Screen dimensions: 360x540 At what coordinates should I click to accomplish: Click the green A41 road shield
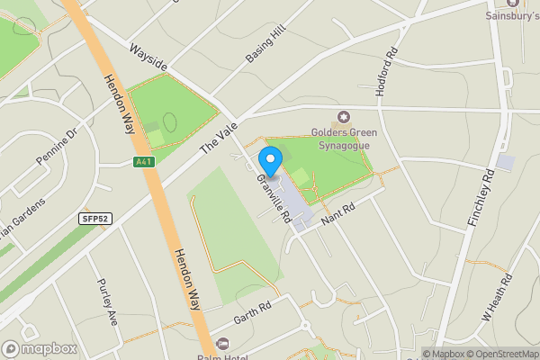142,162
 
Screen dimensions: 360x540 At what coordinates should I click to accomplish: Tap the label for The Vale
215,135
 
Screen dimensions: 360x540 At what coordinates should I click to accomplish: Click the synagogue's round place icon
343,116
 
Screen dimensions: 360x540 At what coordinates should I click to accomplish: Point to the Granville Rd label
273,199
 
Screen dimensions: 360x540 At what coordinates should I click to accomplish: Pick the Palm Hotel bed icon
223,343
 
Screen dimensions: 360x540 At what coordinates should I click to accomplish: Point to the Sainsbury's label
510,15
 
